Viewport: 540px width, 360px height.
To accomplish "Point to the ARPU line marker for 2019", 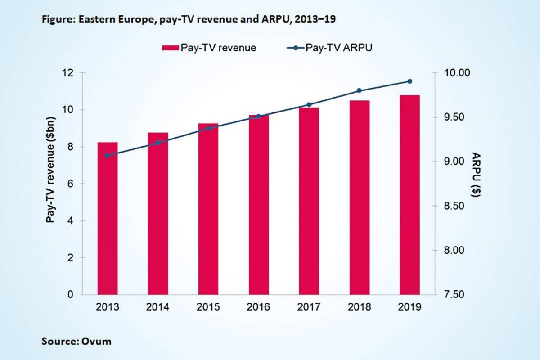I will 409,81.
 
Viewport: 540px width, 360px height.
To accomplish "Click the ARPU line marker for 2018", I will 359,91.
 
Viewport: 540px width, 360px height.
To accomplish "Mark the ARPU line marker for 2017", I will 309,105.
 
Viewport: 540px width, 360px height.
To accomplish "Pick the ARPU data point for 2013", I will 108,156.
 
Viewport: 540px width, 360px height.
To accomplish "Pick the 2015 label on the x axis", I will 208,308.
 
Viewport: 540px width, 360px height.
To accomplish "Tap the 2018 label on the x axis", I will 359,308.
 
